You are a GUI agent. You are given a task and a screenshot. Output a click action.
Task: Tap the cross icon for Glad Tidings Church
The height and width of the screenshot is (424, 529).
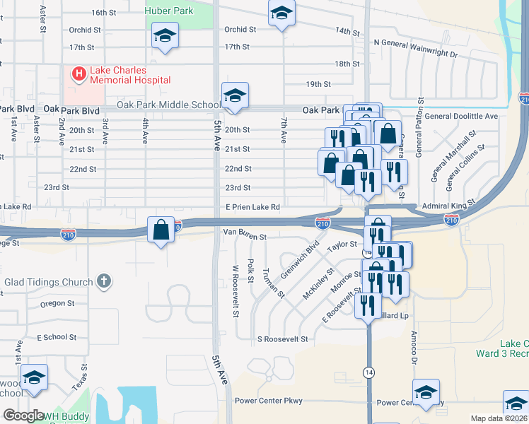[105, 282]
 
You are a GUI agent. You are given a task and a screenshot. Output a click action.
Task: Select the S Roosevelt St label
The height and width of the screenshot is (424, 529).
[282, 339]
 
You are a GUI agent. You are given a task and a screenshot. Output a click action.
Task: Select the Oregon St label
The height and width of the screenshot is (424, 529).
[57, 304]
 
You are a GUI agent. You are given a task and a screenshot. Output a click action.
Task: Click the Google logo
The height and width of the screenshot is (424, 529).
[23, 416]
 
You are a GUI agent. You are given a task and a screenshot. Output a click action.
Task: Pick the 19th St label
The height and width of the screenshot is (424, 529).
[318, 84]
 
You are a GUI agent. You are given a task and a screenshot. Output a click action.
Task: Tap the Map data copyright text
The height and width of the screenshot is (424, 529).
[499, 418]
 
